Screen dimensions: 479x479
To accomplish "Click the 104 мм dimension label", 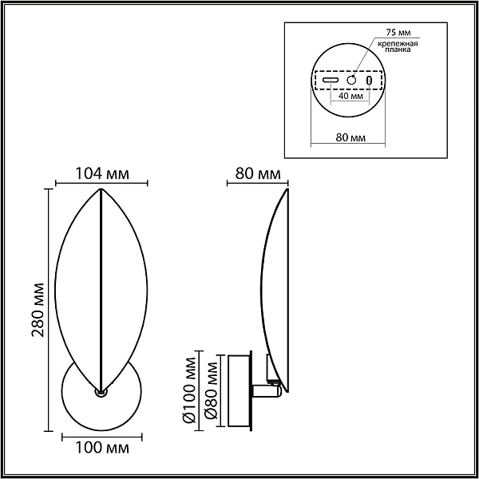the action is (x=102, y=174).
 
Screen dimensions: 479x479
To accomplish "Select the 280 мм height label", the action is (x=38, y=310).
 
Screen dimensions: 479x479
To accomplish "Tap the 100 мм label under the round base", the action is (x=102, y=448).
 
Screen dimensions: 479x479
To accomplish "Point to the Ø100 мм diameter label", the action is (x=189, y=390).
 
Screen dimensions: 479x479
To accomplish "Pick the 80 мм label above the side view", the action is (x=258, y=174).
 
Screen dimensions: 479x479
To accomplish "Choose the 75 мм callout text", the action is (x=398, y=32).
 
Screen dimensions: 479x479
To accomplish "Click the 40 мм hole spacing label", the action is (x=351, y=96).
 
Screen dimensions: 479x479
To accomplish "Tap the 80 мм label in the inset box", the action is (x=350, y=137).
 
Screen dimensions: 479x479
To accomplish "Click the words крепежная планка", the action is (x=398, y=46).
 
